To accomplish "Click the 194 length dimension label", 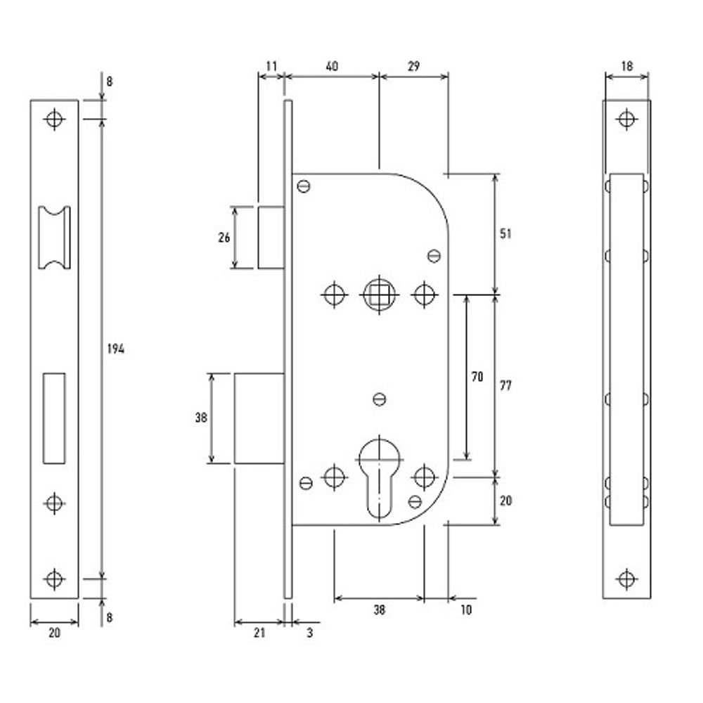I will click(x=115, y=349).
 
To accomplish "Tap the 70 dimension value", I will click(x=477, y=377).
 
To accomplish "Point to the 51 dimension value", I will click(x=505, y=233).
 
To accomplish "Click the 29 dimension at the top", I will click(x=413, y=67).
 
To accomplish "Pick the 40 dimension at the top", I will click(x=332, y=67).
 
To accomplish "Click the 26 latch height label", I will click(x=224, y=238).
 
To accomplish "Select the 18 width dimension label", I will click(x=627, y=67).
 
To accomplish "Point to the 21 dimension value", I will click(x=259, y=633).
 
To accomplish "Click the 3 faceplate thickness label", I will click(x=309, y=633).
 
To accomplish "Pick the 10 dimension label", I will click(x=465, y=610).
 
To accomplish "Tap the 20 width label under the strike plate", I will click(x=54, y=633).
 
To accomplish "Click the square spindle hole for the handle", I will click(x=378, y=293).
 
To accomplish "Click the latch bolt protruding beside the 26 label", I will click(x=271, y=237).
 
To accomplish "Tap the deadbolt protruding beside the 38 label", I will click(x=259, y=418).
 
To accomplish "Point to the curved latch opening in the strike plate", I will click(x=54, y=238).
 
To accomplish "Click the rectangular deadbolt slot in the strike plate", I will click(x=54, y=418).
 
